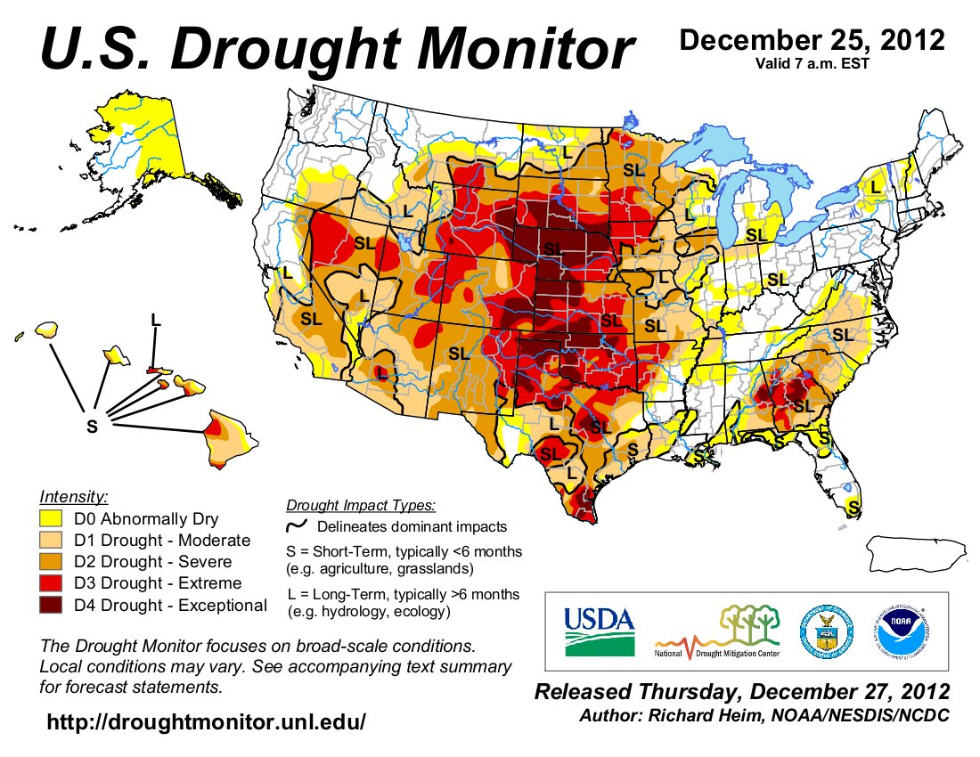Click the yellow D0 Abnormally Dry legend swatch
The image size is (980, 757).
pos(53,519)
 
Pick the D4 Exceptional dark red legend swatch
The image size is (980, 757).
pos(53,606)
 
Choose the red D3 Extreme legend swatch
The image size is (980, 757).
pos(53,584)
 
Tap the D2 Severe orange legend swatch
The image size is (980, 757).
pos(53,563)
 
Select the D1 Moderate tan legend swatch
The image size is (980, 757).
pos(53,541)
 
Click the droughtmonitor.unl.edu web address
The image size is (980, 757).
pos(206,721)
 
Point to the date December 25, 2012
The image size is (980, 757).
pos(811,40)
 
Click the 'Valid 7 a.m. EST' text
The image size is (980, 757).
pos(810,62)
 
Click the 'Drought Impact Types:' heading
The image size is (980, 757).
pos(361,506)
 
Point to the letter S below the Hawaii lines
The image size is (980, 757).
pos(92,427)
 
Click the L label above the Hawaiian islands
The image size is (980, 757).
pos(156,319)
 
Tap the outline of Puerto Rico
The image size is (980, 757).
pos(918,555)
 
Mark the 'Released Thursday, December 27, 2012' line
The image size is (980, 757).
pos(741,692)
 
